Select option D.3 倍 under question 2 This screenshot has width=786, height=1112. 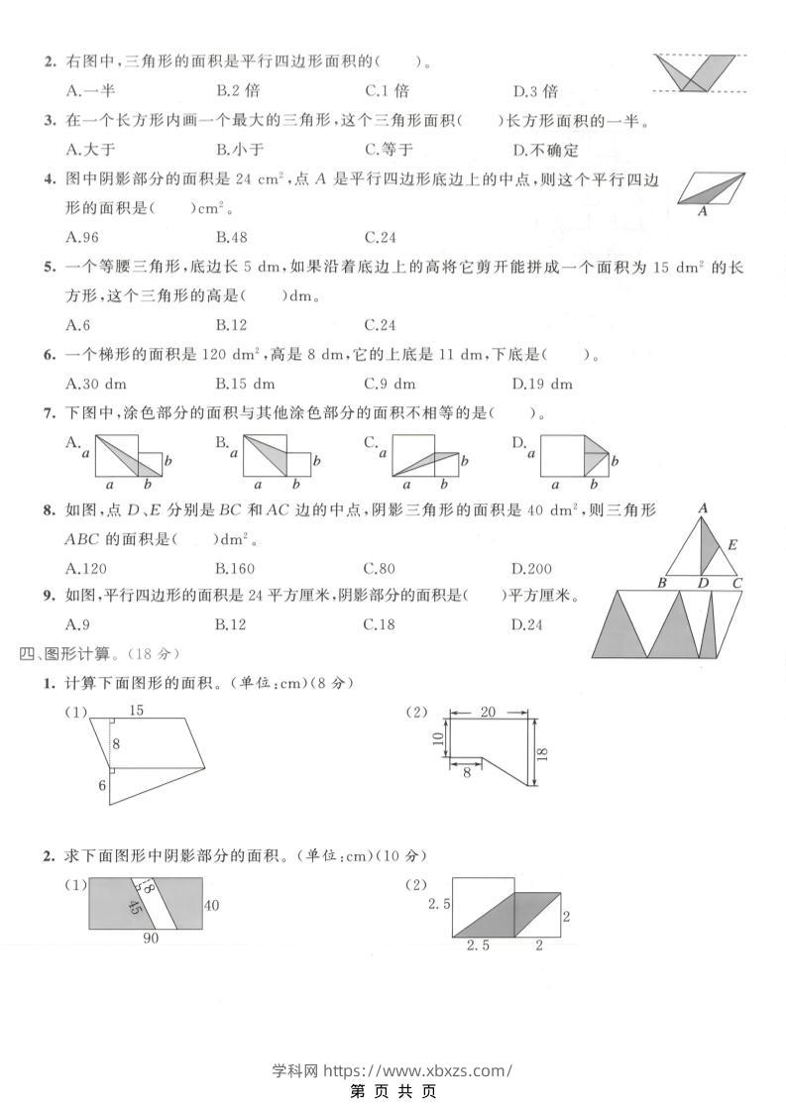[535, 91]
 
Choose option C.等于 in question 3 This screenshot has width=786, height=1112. [389, 150]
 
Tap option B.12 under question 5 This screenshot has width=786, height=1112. [231, 325]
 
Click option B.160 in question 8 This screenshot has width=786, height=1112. [235, 569]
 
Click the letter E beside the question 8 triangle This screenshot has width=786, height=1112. [732, 545]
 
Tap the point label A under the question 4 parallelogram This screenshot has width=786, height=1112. [703, 211]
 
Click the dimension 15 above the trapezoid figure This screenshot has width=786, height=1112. [136, 710]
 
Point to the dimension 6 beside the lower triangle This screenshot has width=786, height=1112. [101, 786]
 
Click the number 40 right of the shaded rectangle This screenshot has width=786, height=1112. [211, 905]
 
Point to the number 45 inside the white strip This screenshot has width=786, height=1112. [135, 907]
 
